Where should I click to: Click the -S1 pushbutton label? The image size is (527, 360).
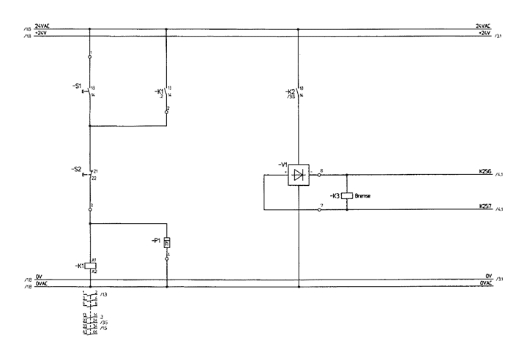click(x=76, y=86)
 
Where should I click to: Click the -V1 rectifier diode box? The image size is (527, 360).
click(x=297, y=174)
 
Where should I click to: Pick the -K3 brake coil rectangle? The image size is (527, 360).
click(x=346, y=196)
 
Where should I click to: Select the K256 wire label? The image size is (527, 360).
click(x=485, y=172)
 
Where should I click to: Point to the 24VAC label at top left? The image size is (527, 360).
click(x=42, y=26)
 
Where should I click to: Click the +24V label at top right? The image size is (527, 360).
click(x=483, y=33)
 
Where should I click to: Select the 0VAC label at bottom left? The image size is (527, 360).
click(x=42, y=284)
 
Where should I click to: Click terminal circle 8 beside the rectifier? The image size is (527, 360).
click(x=319, y=175)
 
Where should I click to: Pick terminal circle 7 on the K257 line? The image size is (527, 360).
click(x=319, y=210)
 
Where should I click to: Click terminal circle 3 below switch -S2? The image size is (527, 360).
click(x=90, y=210)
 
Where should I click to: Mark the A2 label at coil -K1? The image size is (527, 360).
click(x=94, y=271)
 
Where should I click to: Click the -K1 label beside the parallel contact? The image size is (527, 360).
click(x=160, y=91)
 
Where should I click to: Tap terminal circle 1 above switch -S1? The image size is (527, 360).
click(x=90, y=56)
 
